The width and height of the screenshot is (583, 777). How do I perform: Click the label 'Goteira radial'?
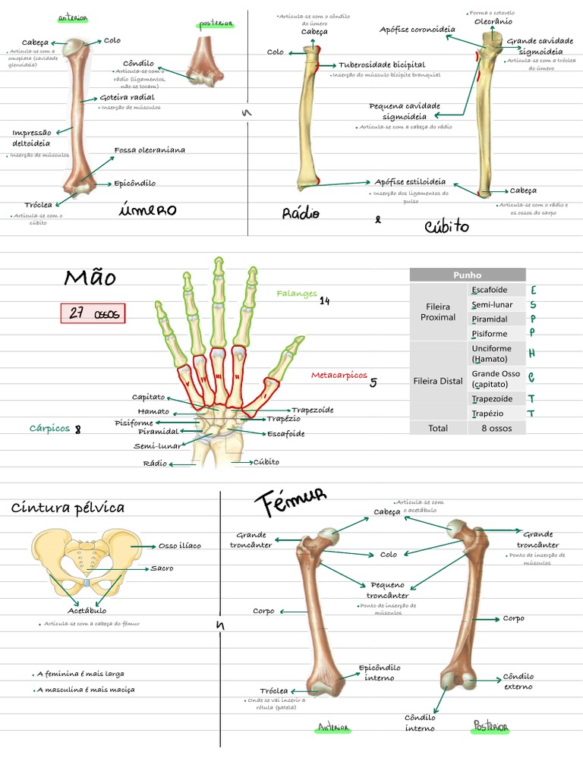pyautogui.click(x=127, y=98)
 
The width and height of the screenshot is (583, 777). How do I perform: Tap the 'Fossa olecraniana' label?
pyautogui.click(x=150, y=150)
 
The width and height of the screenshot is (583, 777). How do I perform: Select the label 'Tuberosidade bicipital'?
pyautogui.click(x=382, y=65)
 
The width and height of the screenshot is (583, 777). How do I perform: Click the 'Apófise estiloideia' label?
pyautogui.click(x=410, y=182)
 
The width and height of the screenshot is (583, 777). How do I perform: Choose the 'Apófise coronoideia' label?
pyautogui.click(x=418, y=30)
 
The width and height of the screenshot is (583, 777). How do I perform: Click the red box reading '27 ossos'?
pyautogui.click(x=93, y=313)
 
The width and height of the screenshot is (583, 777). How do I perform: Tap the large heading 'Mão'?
pyautogui.click(x=90, y=278)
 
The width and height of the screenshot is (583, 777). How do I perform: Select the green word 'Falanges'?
pyautogui.click(x=296, y=294)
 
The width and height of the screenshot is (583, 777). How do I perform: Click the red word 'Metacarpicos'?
pyautogui.click(x=339, y=376)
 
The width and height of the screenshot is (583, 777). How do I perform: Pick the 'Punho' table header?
pyautogui.click(x=467, y=275)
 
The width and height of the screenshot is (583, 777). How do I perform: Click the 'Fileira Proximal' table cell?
pyautogui.click(x=438, y=311)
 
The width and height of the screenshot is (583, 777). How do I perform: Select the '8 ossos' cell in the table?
pyautogui.click(x=496, y=428)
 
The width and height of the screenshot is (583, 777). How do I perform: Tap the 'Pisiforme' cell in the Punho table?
pyautogui.click(x=490, y=334)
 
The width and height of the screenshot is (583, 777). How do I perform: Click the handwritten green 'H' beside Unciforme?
pyautogui.click(x=531, y=354)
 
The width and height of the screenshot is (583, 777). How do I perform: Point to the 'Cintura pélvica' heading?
pyautogui.click(x=68, y=508)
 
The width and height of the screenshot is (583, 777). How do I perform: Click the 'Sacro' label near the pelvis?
pyautogui.click(x=162, y=568)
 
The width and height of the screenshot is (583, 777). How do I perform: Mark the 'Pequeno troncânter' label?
pyautogui.click(x=387, y=590)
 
